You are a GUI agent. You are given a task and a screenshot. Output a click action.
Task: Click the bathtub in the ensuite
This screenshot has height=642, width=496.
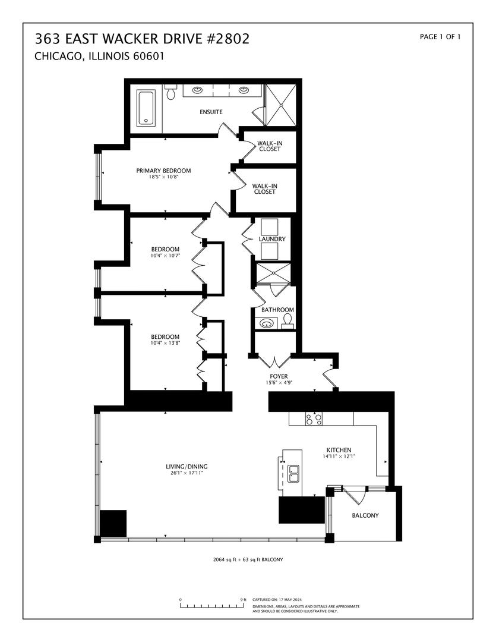(x=147, y=108)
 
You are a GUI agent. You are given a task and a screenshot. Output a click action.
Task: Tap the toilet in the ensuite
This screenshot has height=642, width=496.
(x=171, y=92)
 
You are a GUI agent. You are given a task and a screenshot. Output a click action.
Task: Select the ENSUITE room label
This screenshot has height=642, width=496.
(x=211, y=112)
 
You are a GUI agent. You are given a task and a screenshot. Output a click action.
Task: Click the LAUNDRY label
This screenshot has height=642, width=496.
(x=272, y=239)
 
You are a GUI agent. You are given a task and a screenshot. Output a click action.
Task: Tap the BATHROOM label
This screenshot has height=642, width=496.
(x=277, y=310)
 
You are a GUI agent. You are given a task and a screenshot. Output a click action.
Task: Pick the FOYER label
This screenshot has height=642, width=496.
(x=278, y=376)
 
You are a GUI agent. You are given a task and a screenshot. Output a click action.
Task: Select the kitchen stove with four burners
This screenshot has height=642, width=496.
(x=314, y=419)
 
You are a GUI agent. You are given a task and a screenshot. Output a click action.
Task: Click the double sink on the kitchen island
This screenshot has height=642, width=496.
(x=293, y=473)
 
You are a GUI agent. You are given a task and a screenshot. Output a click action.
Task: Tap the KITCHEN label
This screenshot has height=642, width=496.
(x=339, y=450)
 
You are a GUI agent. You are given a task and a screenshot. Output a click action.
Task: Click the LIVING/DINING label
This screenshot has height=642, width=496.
(x=187, y=466)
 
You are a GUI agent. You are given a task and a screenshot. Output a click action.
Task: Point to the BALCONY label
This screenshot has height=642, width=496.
(x=365, y=515)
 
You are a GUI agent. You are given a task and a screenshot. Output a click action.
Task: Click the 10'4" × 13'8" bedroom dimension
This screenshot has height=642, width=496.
(x=165, y=343)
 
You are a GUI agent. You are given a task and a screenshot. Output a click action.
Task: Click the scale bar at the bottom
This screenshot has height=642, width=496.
(x=213, y=606)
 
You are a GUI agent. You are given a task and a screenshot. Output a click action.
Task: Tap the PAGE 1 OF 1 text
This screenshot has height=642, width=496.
(x=440, y=37)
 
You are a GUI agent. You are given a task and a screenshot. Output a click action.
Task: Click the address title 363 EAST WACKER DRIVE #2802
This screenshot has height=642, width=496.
(x=142, y=39)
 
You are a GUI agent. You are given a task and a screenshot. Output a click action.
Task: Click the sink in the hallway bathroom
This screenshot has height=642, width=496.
(x=267, y=323)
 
